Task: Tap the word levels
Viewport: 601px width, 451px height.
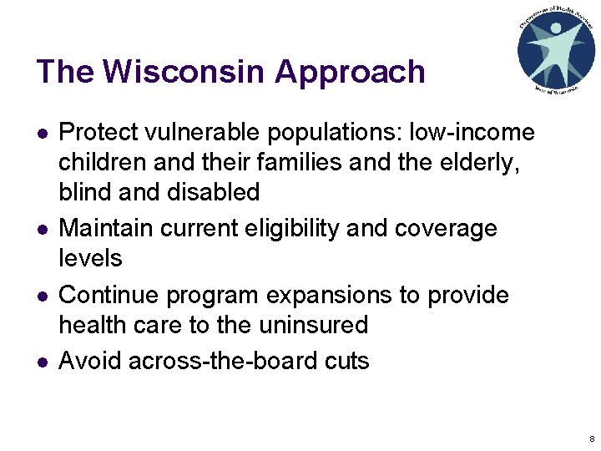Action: coord(90,258)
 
